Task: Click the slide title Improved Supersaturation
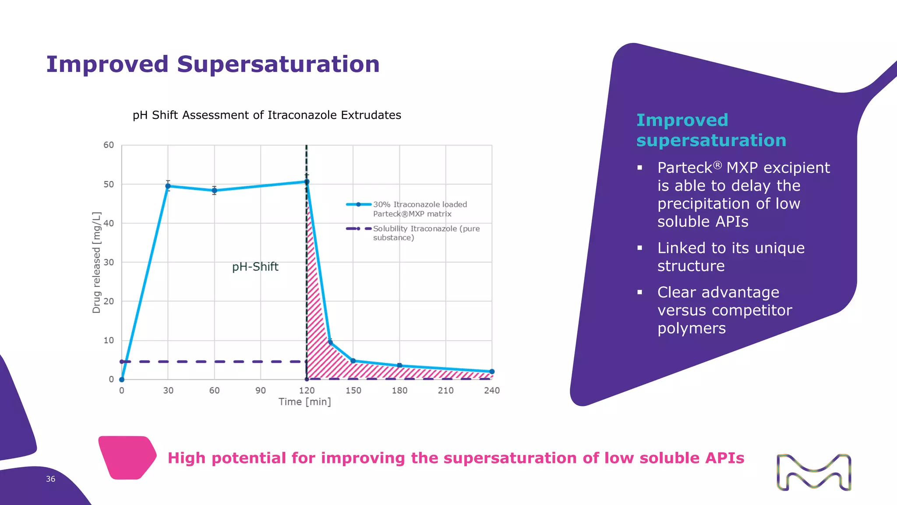tap(213, 64)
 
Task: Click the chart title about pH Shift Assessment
tap(267, 115)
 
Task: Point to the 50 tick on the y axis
tap(109, 185)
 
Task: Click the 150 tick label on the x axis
tap(353, 391)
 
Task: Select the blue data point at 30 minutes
tap(168, 186)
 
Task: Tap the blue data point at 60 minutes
tap(214, 191)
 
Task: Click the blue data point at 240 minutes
tap(492, 372)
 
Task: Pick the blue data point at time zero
tap(122, 380)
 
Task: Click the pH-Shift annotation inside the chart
tap(255, 267)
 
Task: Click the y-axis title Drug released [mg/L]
tap(96, 262)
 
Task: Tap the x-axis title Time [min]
tap(304, 402)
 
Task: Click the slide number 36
tap(51, 479)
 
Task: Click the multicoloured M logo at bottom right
tap(813, 472)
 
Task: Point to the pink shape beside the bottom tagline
tap(127, 457)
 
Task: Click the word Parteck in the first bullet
tap(685, 168)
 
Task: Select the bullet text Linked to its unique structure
tap(731, 257)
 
